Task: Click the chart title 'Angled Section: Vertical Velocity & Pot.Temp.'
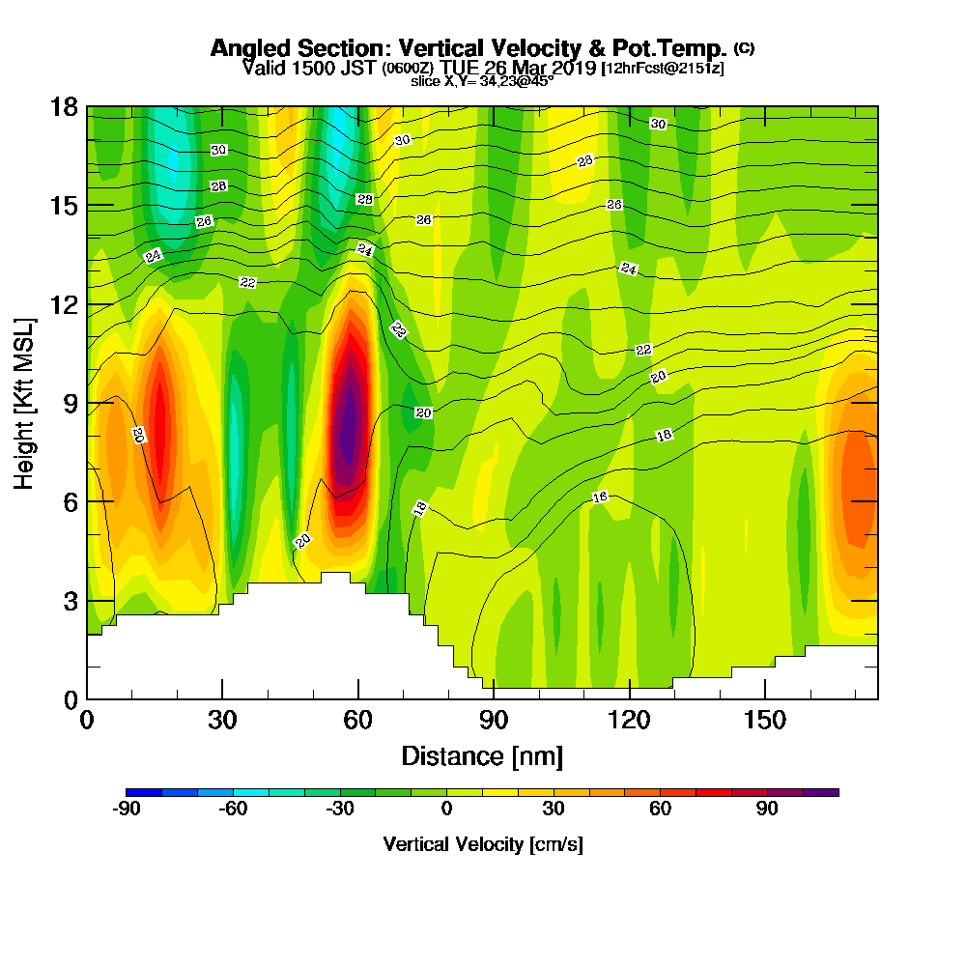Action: [469, 48]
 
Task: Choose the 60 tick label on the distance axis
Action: [358, 720]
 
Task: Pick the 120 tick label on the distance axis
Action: [630, 720]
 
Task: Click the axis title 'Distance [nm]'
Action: [482, 755]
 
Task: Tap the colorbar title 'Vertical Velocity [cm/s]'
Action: [482, 844]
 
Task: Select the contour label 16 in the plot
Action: [599, 497]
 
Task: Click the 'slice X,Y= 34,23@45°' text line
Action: [482, 81]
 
